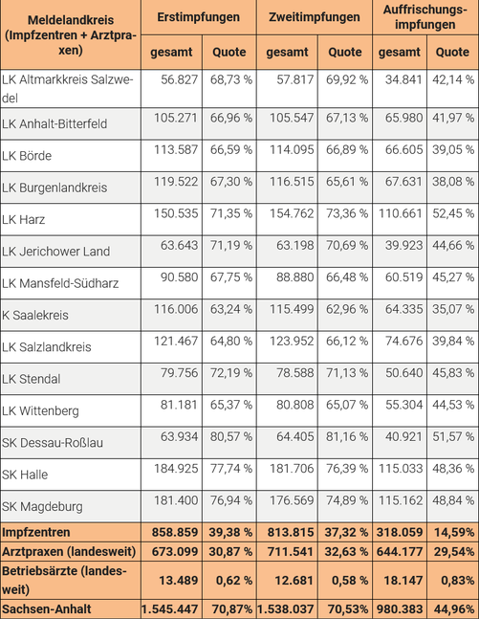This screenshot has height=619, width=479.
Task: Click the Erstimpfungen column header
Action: pos(199,17)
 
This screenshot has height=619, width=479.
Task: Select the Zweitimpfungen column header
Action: pos(314,17)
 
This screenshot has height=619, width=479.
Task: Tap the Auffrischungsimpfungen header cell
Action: pos(425,17)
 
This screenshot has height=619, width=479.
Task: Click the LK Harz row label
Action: pos(23,219)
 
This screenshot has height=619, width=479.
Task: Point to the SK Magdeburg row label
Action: pos(42,506)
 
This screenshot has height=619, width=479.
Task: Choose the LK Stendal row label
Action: pos(32,379)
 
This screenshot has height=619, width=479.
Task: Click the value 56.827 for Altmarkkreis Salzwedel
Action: pos(179,79)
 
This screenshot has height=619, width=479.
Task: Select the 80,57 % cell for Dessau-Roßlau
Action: pos(230,436)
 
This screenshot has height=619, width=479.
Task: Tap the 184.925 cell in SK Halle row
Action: pos(176,469)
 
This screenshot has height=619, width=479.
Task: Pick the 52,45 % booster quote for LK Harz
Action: pos(453,213)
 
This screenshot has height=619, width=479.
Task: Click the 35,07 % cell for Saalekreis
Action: pos(453,309)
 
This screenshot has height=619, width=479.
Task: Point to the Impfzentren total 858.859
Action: pos(175,532)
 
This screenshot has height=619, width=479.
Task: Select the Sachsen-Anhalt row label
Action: pos(47,608)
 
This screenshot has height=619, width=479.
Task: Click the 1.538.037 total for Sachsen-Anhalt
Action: pos(285,609)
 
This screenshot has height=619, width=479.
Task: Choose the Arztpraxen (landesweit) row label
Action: pos(69,551)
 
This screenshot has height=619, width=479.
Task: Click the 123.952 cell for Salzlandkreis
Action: pos(292,342)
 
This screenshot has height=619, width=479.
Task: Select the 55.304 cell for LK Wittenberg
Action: pos(403,405)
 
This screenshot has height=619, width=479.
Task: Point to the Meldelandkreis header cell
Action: pos(71,35)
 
